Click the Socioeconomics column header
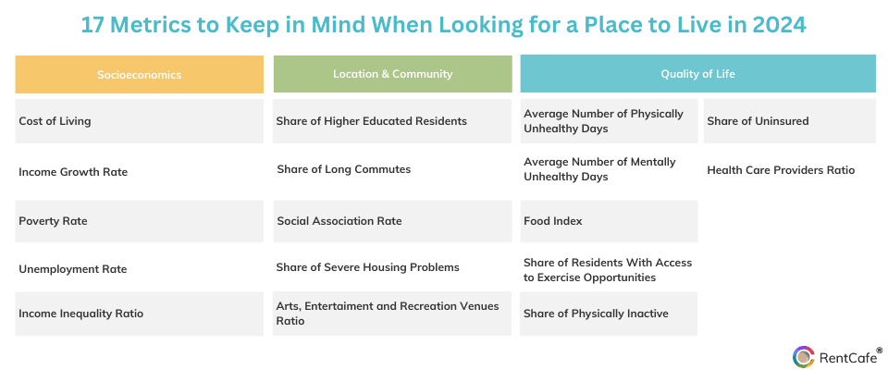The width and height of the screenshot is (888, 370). [x=140, y=74]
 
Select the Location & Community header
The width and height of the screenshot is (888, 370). [x=392, y=74]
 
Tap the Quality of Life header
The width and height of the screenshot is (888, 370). [x=697, y=74]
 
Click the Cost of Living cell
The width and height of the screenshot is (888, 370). [x=140, y=121]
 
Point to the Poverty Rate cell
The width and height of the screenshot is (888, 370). [x=140, y=221]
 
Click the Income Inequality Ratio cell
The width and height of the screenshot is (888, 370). [x=140, y=314]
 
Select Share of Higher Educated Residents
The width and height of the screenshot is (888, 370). [x=392, y=121]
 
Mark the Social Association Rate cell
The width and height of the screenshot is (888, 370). [x=392, y=221]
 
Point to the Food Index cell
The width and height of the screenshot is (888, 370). [x=609, y=221]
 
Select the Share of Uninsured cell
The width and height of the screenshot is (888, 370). [x=789, y=121]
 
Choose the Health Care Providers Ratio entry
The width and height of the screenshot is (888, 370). [x=781, y=170]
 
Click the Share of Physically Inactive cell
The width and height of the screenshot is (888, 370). [x=609, y=314]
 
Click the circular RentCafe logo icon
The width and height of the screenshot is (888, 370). [x=804, y=357]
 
